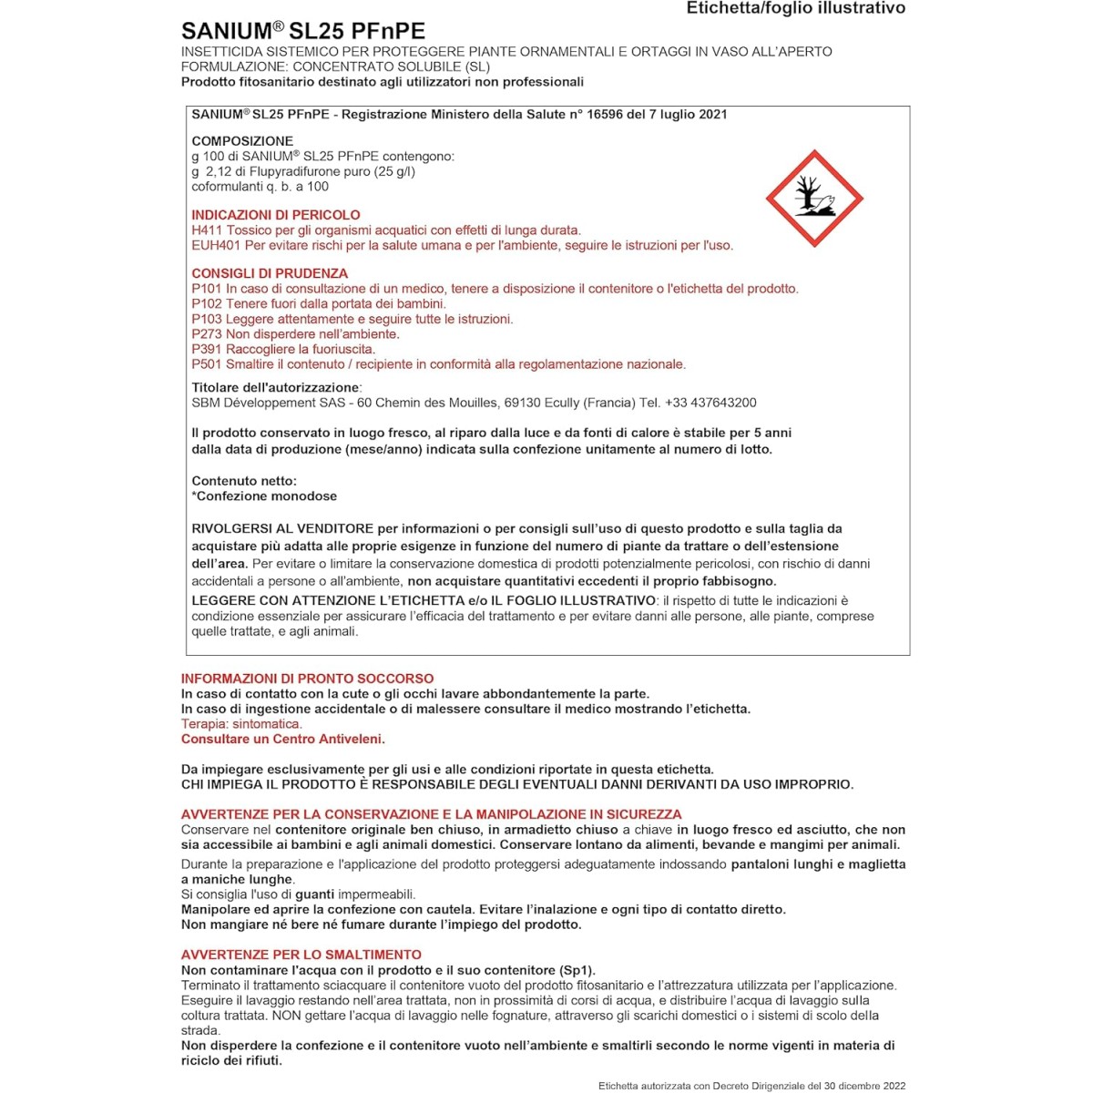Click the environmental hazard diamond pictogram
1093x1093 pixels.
[813, 199]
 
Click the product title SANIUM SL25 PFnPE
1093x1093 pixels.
[303, 30]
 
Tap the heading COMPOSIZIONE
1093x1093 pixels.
[242, 141]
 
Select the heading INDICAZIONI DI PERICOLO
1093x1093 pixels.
[276, 215]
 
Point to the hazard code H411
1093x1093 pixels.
[207, 230]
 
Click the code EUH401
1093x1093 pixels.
[216, 245]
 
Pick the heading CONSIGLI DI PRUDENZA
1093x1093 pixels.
[270, 273]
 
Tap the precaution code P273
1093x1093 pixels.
[207, 334]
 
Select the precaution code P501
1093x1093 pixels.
[207, 364]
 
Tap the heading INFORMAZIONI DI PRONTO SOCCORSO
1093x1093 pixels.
[307, 679]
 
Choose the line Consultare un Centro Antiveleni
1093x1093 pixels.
[282, 739]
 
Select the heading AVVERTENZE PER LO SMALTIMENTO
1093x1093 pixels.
[301, 955]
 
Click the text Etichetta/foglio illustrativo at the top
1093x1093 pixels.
[795, 8]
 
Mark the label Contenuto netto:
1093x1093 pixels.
[244, 481]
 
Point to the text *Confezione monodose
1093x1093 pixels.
[264, 496]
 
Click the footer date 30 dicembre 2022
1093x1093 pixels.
[861, 1086]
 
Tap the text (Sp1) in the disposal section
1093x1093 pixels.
[577, 970]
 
